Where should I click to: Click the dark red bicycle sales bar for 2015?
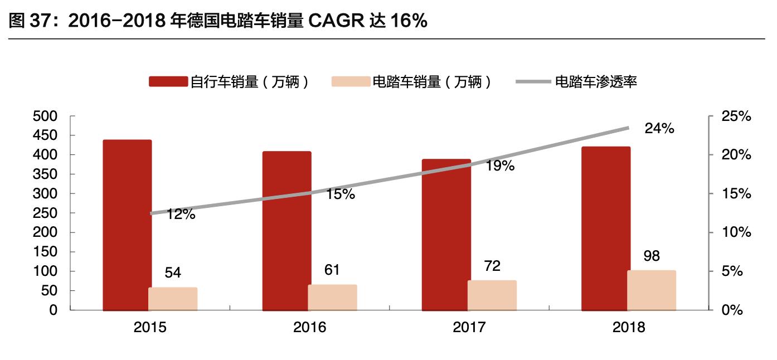[127, 223]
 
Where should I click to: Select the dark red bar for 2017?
[446, 234]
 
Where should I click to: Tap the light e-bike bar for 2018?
[651, 290]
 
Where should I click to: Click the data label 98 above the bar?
[651, 256]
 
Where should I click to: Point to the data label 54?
[173, 273]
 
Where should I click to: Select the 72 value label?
[492, 266]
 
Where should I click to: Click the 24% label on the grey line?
[659, 128]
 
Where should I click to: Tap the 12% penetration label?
[181, 214]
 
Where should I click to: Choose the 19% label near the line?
[499, 166]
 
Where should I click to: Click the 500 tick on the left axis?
[46, 116]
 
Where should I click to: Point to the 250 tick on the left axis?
[46, 213]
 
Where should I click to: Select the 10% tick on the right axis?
[736, 232]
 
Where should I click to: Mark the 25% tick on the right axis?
[736, 116]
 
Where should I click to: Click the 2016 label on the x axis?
[309, 327]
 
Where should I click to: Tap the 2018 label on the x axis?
[628, 327]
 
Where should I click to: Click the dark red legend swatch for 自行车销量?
[168, 82]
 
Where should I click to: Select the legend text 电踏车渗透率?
[595, 82]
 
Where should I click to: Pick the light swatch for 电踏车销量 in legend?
[351, 82]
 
